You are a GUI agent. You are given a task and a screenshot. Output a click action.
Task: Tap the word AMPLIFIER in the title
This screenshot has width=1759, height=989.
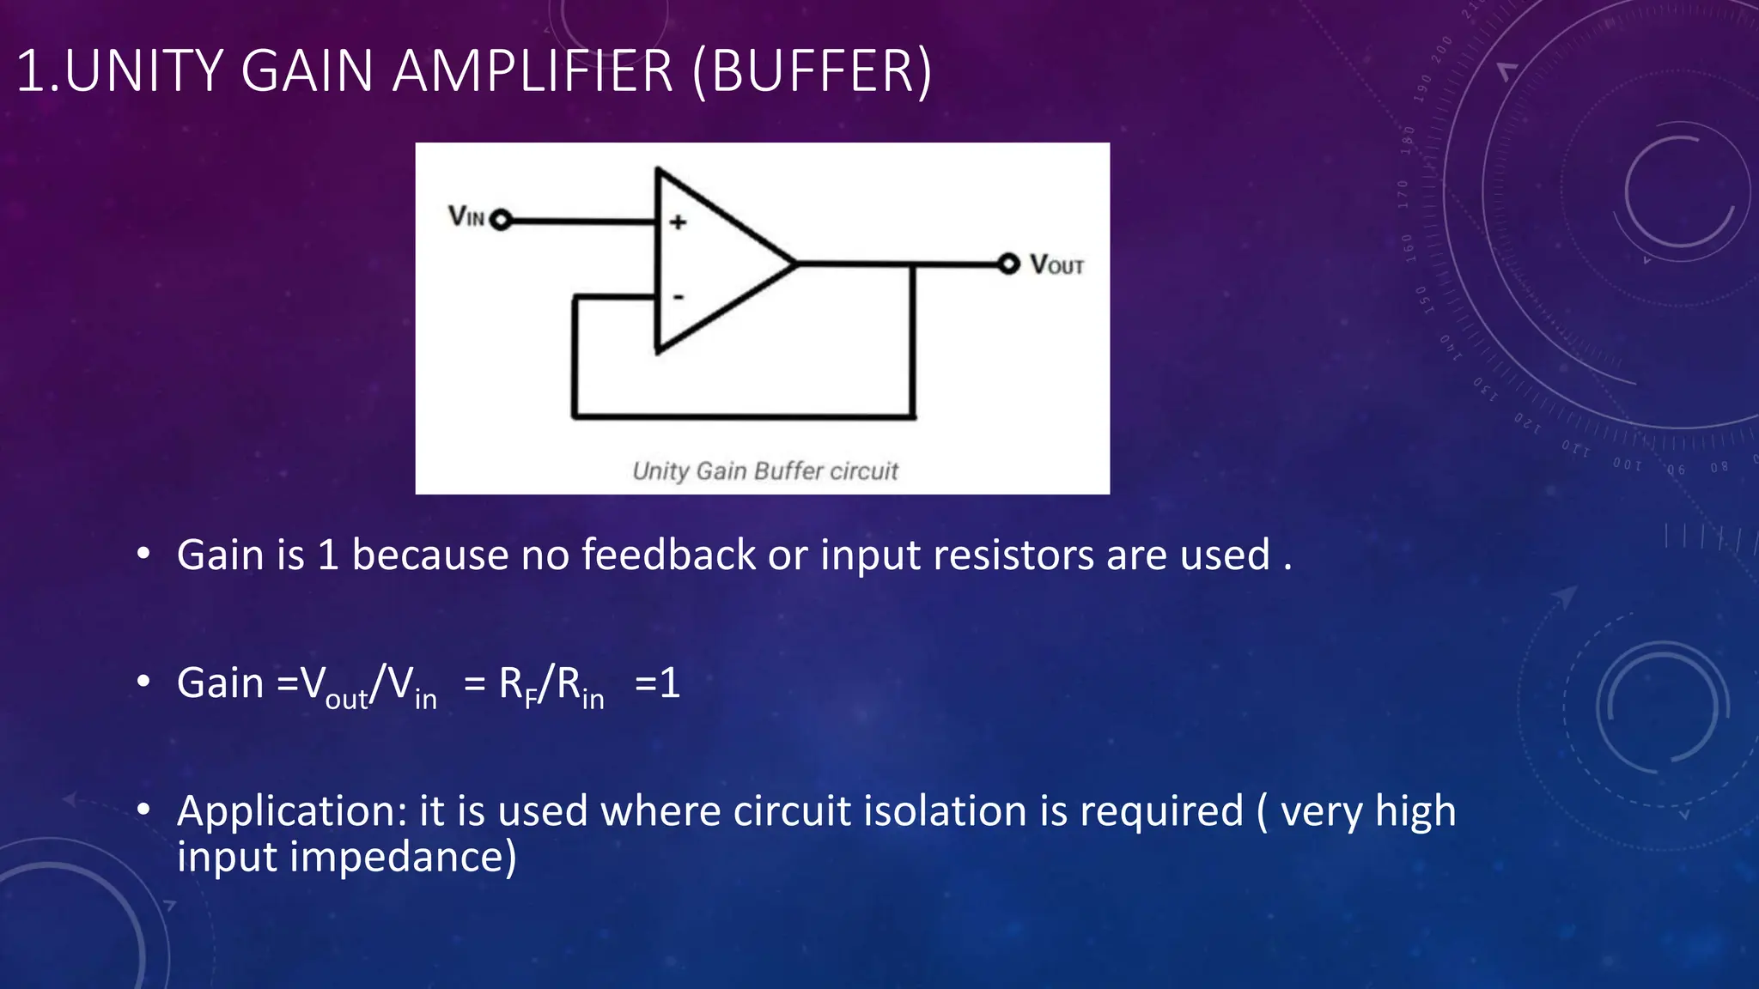click(533, 71)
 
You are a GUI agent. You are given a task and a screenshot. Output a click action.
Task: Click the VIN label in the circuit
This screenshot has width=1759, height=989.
click(466, 216)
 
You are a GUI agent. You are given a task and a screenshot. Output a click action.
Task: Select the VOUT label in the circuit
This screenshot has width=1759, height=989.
click(1056, 264)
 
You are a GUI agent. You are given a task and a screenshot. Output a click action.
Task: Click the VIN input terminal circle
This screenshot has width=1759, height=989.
click(501, 221)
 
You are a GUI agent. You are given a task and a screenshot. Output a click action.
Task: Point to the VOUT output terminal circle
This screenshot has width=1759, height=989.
click(1008, 264)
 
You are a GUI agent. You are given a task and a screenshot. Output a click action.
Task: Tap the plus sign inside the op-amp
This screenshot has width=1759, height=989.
click(679, 222)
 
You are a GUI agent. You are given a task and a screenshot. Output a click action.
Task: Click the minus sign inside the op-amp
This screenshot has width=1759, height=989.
click(679, 297)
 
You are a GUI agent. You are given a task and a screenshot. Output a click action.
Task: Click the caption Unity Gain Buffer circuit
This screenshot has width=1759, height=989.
click(764, 471)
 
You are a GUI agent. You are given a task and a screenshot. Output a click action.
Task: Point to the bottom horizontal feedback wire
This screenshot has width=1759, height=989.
click(743, 417)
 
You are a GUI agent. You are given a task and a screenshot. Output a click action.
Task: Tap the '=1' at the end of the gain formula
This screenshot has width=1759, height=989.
click(657, 684)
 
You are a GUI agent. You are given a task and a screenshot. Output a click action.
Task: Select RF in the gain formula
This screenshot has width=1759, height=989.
click(517, 687)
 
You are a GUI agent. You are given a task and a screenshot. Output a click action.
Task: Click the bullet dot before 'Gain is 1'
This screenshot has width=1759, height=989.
click(143, 554)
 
